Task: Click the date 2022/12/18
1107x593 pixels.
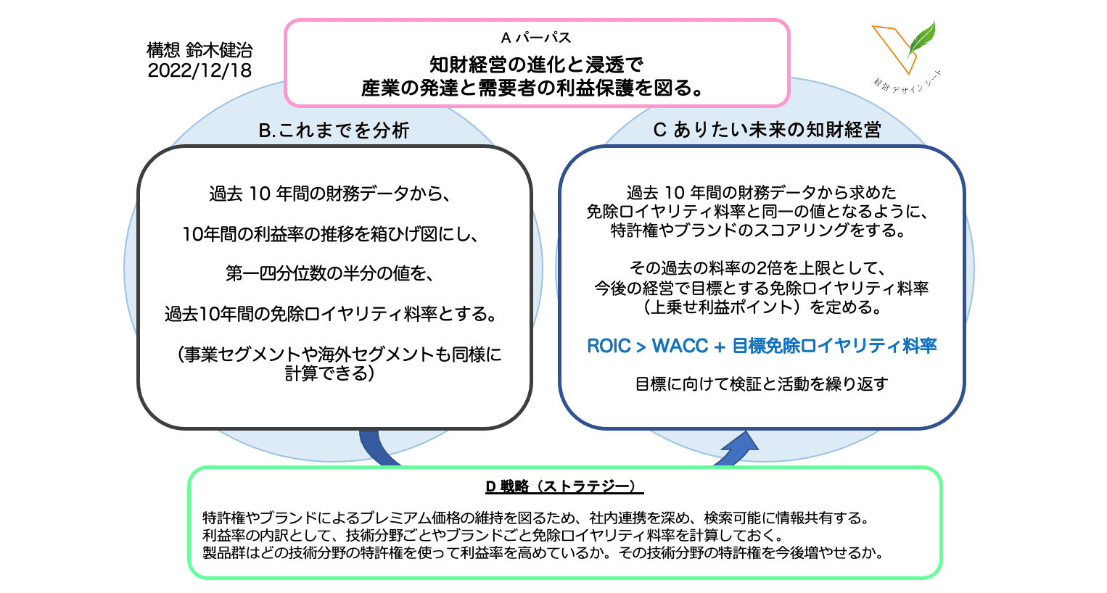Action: (199, 70)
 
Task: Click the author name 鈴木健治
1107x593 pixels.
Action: (219, 50)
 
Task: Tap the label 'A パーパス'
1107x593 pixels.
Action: (536, 38)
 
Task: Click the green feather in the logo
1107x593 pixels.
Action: (922, 38)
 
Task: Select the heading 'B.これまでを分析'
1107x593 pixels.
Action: (334, 130)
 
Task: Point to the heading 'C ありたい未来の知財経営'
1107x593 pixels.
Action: (767, 130)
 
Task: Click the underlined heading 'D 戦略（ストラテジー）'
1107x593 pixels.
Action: (564, 487)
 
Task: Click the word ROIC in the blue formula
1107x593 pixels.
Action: (609, 346)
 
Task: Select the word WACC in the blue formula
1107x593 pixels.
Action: (680, 346)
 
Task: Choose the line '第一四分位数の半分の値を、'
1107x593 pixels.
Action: (329, 273)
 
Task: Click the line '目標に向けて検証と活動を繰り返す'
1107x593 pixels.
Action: (762, 384)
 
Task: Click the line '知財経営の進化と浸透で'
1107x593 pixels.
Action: (536, 65)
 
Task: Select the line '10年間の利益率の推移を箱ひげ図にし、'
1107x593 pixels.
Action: (330, 234)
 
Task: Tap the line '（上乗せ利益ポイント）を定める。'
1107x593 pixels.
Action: (762, 307)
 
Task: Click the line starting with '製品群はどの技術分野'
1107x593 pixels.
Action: (543, 552)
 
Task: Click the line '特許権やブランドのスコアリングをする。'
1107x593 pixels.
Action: (762, 231)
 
